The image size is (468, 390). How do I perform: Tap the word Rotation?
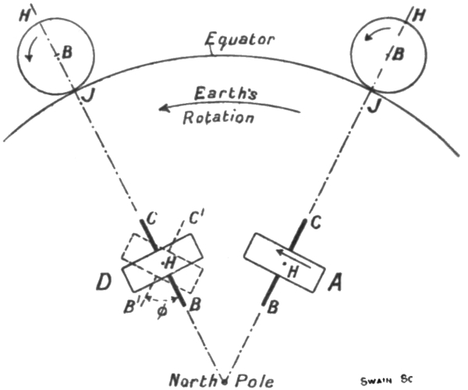coord(219,118)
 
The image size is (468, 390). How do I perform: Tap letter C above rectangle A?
coord(314,222)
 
